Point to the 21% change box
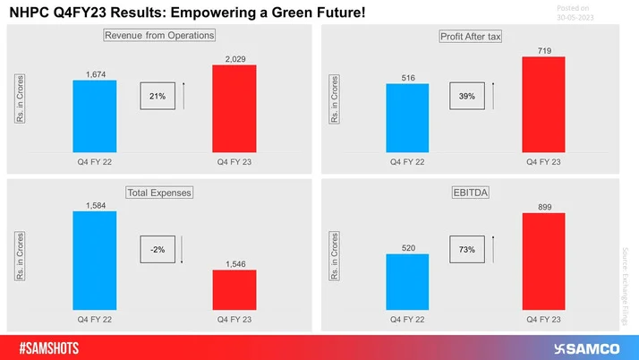(158, 95)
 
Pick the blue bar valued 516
(408, 118)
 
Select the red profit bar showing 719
(543, 104)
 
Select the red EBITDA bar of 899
(543, 261)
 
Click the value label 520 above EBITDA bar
(408, 247)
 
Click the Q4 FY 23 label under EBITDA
(543, 318)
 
